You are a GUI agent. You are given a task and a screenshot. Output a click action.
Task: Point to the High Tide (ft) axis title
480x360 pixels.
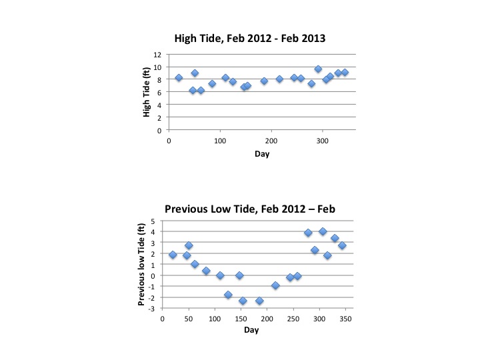147,93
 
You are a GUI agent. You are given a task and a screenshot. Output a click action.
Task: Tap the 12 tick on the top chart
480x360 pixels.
157,55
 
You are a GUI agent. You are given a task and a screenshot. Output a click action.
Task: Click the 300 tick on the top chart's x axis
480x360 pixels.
323,141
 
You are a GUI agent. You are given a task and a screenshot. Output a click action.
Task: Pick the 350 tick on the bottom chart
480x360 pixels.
345,319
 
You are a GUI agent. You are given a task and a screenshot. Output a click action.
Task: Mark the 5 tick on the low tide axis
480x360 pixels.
153,221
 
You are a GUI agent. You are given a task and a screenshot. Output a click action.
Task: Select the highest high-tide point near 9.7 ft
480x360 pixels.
318,69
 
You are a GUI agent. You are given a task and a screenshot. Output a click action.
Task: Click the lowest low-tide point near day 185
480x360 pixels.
259,301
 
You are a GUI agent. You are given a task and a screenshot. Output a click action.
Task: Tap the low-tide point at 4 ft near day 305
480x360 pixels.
323,231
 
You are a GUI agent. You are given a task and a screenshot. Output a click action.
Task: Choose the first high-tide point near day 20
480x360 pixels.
179,78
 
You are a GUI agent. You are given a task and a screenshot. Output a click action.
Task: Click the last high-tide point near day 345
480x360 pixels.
345,73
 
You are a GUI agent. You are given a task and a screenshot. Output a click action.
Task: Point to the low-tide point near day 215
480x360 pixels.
275,285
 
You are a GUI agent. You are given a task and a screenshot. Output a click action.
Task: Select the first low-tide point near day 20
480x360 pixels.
173,255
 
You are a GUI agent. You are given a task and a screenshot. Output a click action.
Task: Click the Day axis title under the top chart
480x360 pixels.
261,154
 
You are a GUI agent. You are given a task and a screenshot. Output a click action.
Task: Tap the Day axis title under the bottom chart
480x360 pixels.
251,331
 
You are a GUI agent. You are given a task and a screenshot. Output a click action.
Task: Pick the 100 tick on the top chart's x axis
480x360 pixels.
220,141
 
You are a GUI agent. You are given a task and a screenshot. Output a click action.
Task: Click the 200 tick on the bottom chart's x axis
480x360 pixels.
267,319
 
